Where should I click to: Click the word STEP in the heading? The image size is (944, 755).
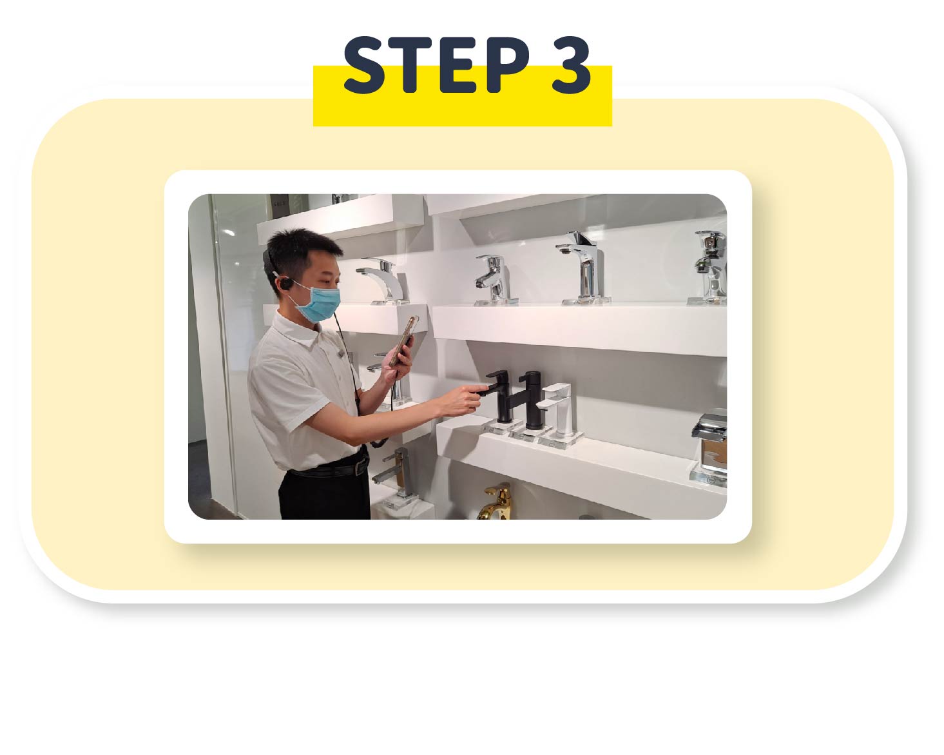tap(438, 65)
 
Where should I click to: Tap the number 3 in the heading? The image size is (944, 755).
tap(571, 65)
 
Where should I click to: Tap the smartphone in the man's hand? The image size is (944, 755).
tap(403, 342)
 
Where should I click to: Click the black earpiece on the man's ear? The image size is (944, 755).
tap(287, 283)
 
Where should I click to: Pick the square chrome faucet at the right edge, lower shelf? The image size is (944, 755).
tap(709, 447)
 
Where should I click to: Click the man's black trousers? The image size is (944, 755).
tap(325, 496)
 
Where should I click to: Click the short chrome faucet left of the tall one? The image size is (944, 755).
tap(494, 279)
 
